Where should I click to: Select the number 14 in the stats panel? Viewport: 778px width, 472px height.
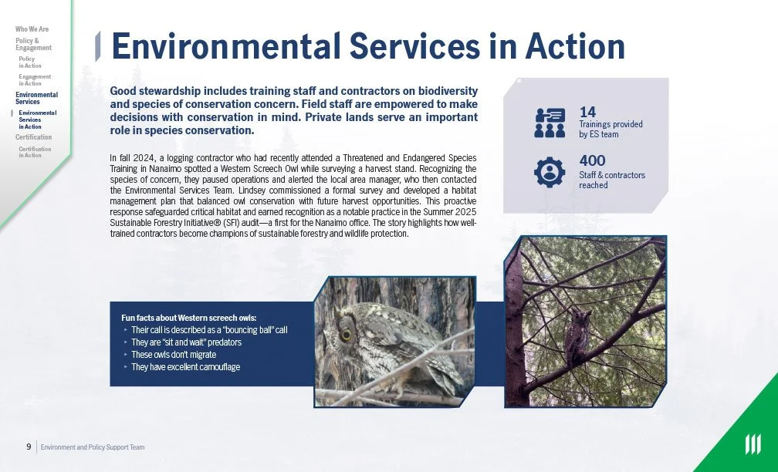(x=587, y=112)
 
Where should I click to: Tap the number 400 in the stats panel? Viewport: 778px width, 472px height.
(x=591, y=161)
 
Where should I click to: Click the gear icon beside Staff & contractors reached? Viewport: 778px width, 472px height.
(x=550, y=172)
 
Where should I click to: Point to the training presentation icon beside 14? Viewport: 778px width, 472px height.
(x=550, y=122)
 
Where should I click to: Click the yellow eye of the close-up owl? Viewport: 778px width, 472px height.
(x=347, y=334)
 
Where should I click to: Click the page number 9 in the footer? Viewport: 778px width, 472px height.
(x=29, y=447)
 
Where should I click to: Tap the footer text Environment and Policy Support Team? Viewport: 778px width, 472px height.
(x=93, y=447)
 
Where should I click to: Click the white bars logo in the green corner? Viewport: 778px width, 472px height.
(x=752, y=445)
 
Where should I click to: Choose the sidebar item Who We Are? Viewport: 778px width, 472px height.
(x=32, y=29)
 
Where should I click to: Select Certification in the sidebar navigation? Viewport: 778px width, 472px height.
(x=33, y=137)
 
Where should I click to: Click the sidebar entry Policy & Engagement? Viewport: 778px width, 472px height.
(x=33, y=44)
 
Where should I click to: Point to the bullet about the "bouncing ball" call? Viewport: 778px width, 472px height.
(x=208, y=330)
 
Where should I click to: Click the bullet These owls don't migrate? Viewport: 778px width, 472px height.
(x=173, y=355)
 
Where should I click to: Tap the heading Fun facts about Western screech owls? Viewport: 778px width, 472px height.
(x=188, y=318)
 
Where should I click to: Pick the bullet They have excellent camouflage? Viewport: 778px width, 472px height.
(x=185, y=367)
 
